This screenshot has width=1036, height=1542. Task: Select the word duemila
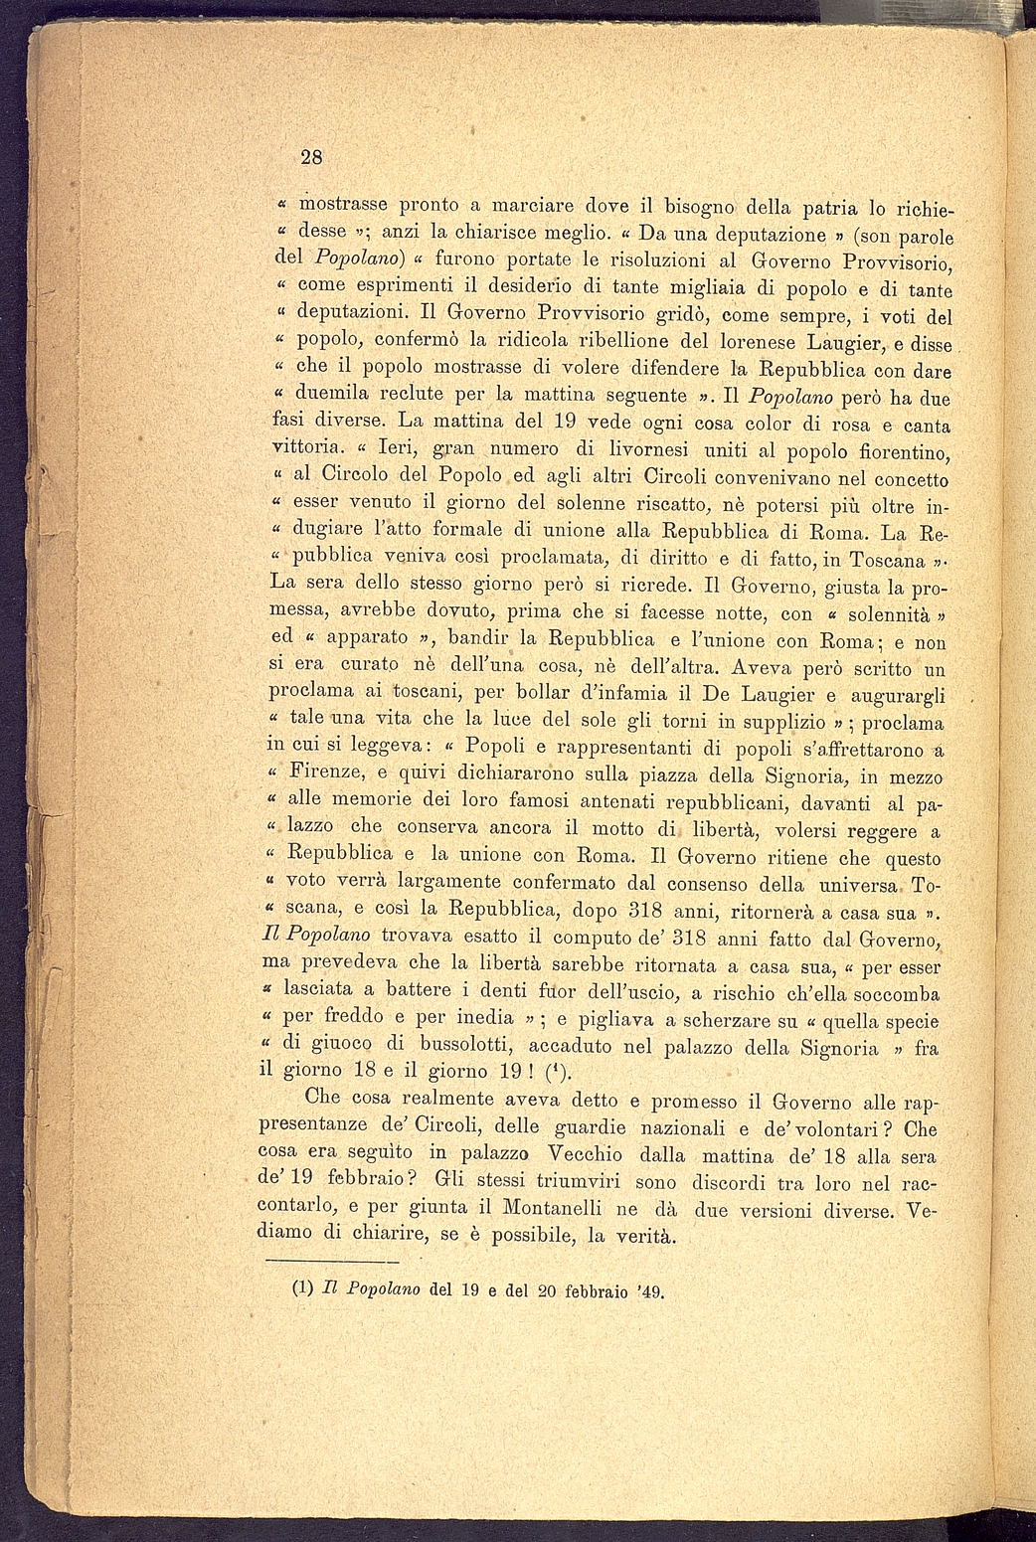coord(326,395)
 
